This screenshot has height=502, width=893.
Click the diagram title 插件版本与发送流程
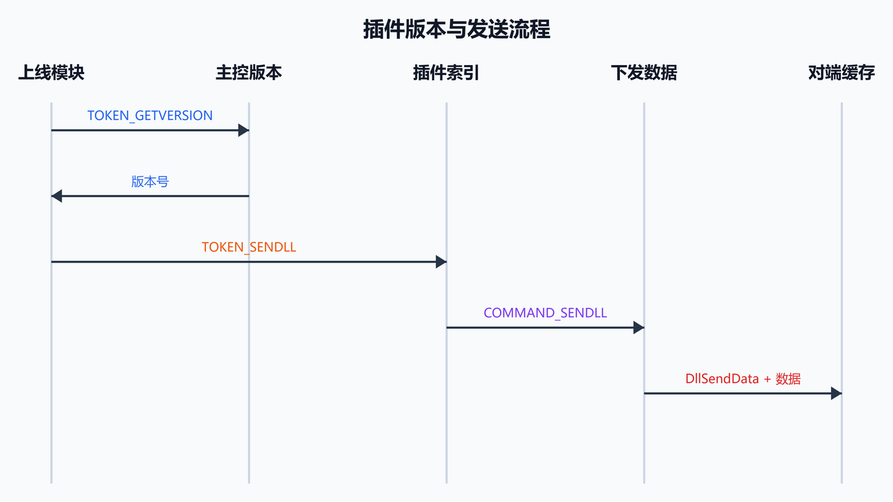point(456,29)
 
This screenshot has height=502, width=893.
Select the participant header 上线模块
point(51,73)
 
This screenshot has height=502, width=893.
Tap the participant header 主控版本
point(249,73)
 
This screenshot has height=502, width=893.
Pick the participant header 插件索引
point(446,73)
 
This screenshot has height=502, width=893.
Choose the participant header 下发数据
point(644,73)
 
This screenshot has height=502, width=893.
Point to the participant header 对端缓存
point(842,73)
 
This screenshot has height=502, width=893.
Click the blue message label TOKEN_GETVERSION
point(150,116)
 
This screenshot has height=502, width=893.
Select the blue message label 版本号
point(150,181)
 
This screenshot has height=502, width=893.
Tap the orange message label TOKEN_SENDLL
point(249,247)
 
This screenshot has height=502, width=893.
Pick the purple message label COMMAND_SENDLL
point(545,313)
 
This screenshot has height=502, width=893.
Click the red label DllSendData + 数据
point(743,379)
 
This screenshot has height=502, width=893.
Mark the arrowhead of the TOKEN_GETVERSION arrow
point(243,130)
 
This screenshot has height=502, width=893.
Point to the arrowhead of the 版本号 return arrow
point(57,196)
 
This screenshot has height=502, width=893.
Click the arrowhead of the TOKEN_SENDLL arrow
point(442,262)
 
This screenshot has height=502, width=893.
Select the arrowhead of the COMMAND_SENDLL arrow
point(639,328)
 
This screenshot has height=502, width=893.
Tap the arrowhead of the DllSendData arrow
point(836,393)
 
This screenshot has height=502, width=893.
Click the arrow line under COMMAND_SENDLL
point(545,328)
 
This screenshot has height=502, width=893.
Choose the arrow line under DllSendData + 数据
point(743,393)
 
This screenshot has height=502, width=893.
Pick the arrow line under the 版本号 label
point(150,196)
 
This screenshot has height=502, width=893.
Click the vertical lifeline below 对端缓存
point(842,293)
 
